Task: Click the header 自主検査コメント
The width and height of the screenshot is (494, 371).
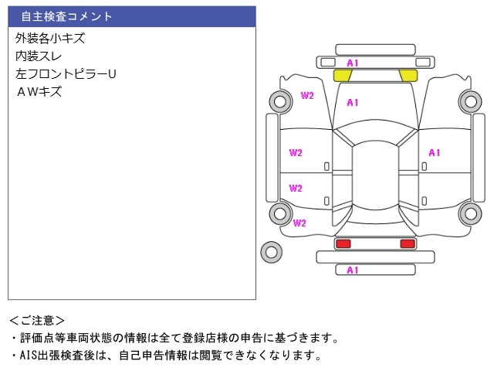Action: [x=66, y=16]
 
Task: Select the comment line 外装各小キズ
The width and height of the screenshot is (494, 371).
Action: [x=50, y=38]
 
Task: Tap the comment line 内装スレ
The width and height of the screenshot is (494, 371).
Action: [x=39, y=56]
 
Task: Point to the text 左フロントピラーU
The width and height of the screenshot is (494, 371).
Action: [x=66, y=74]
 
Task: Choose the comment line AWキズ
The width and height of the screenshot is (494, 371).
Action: [x=39, y=92]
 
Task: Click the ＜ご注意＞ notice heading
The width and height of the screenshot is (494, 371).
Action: [x=37, y=320]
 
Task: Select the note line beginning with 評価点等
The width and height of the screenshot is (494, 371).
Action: [x=174, y=338]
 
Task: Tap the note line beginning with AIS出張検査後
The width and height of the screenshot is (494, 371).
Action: [x=165, y=356]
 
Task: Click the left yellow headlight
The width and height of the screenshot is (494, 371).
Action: [x=343, y=75]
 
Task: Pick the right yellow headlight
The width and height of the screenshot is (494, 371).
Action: [x=408, y=75]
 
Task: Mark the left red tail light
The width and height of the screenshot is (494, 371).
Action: [x=343, y=243]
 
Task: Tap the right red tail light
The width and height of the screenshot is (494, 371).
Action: [x=408, y=243]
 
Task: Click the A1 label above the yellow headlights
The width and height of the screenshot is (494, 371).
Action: [x=353, y=62]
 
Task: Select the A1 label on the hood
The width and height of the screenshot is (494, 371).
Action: [x=353, y=103]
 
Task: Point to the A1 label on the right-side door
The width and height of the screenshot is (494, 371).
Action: [x=435, y=153]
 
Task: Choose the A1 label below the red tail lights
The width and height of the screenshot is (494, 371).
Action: [x=353, y=271]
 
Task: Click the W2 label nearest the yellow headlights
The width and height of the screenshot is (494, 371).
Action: [x=307, y=96]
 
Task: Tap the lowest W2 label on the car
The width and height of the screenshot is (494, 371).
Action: [x=300, y=223]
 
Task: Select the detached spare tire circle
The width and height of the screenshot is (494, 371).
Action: [x=271, y=251]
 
